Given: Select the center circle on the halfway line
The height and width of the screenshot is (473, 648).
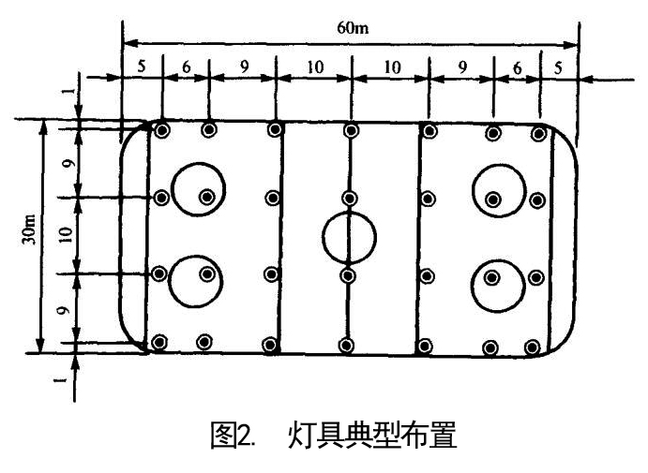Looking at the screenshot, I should click(x=349, y=235).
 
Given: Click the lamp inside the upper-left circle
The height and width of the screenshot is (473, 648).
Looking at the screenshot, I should click(x=207, y=197).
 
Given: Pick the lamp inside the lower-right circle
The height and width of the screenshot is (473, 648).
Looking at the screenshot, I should click(x=492, y=275).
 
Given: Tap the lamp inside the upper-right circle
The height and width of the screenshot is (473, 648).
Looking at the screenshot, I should click(x=492, y=198).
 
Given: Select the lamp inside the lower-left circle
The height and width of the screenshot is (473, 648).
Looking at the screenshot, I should click(x=207, y=274).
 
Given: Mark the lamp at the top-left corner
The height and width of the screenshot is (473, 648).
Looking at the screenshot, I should click(x=162, y=130).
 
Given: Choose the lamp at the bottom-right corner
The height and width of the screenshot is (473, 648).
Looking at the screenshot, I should click(x=534, y=347).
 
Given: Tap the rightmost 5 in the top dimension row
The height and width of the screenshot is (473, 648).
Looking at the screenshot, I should click(x=557, y=67).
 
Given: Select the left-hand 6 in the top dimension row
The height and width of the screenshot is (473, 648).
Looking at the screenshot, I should click(x=186, y=67).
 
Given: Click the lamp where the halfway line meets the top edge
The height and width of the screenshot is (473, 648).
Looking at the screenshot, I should click(x=350, y=130).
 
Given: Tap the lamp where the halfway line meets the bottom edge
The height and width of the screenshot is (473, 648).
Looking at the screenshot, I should click(x=347, y=347).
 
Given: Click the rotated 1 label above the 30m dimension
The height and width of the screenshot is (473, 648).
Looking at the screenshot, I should click(x=67, y=94).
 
